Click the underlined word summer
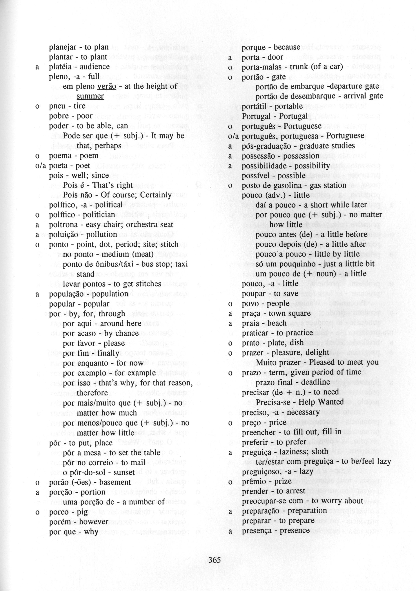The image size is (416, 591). [x=90, y=96]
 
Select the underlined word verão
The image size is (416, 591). [x=107, y=86]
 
